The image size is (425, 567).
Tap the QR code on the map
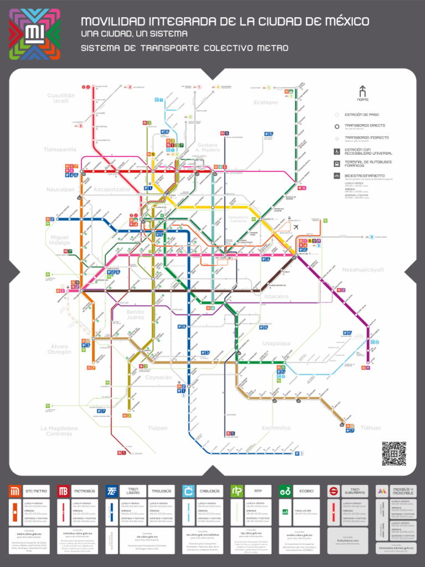point(393,453)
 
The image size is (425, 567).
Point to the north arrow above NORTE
point(362,91)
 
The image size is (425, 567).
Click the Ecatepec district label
point(266,102)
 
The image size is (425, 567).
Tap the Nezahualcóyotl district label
point(363,270)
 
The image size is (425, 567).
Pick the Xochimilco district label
point(276,428)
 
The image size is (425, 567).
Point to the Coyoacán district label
point(158,377)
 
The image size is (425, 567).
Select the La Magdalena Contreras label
point(59,431)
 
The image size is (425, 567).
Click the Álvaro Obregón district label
point(59,349)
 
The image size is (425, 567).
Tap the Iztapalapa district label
point(276,343)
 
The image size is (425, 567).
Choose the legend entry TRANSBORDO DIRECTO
point(366,126)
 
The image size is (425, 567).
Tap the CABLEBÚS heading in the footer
point(209,491)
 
